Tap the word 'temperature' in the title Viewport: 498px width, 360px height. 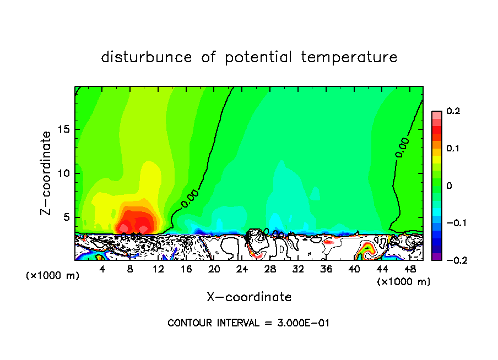[349, 57]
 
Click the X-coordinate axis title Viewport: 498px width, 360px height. [249, 297]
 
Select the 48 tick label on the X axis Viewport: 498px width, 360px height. [409, 269]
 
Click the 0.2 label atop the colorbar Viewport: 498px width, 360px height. [453, 111]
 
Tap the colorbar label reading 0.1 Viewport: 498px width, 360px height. [453, 149]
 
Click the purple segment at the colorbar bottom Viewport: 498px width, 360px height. [436, 256]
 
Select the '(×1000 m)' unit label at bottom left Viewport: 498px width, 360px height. [53, 276]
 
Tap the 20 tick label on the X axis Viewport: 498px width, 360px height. [214, 269]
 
